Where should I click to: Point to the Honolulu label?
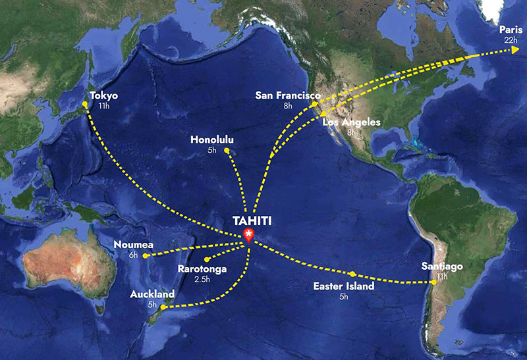[211, 140]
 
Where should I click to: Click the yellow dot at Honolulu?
[226, 151]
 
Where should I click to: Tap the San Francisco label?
[288, 95]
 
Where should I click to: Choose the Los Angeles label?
[352, 122]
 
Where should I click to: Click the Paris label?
[511, 30]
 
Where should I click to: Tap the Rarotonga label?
[202, 269]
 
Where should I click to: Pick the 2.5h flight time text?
[202, 279]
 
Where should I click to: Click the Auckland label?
[152, 294]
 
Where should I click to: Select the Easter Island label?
[343, 286]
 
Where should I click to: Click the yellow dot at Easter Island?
[353, 274]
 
